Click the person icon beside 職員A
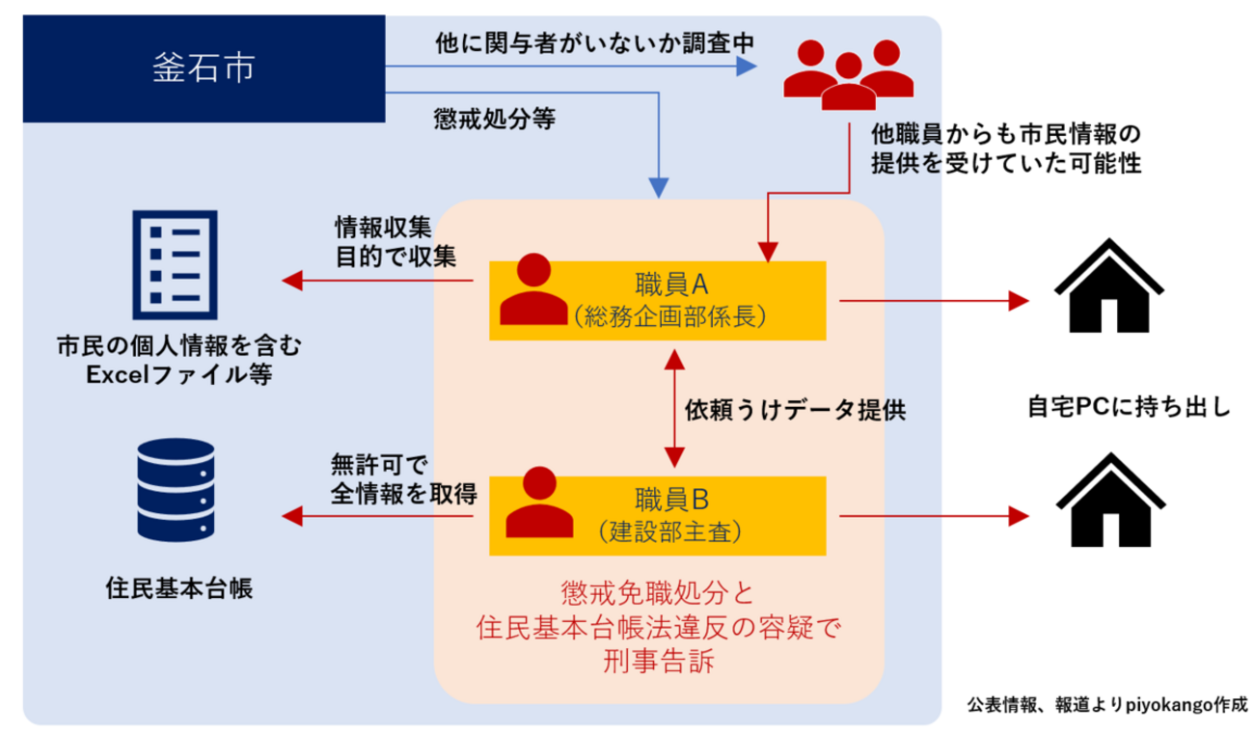[x=533, y=291]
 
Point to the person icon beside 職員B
[x=533, y=506]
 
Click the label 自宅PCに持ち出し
[x=1129, y=407]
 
